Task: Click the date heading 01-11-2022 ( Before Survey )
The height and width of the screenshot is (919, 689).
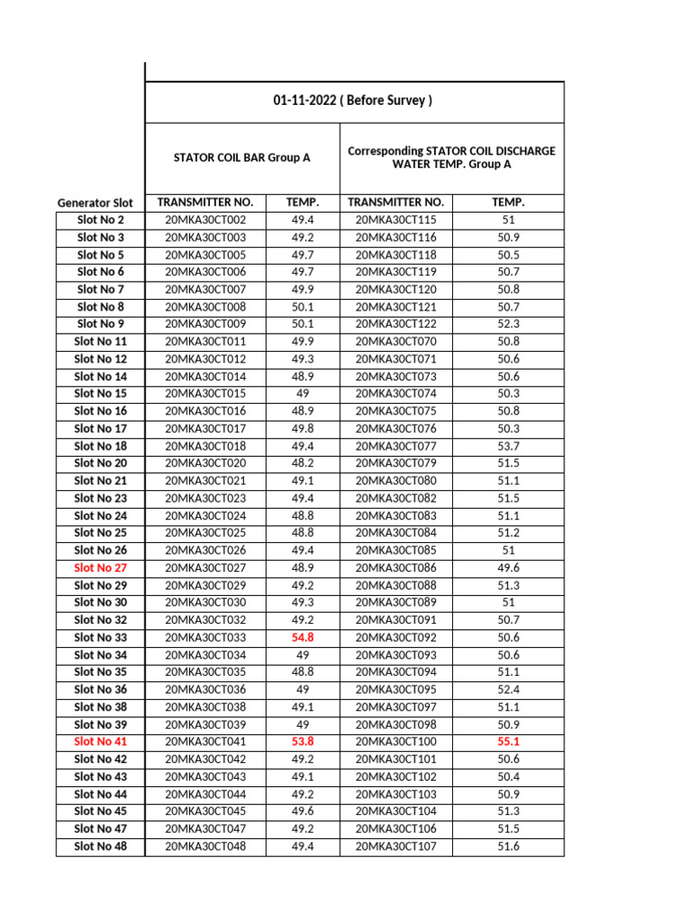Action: pos(353,101)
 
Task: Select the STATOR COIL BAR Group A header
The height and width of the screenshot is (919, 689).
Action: pos(241,158)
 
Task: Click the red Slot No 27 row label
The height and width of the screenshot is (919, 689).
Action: pos(100,568)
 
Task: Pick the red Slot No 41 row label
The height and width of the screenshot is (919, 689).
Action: pos(100,741)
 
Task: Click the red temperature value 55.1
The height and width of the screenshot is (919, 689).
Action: pos(508,741)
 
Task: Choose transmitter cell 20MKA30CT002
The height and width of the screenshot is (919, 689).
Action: pos(205,220)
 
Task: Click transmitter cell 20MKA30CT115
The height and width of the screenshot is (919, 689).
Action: pos(396,220)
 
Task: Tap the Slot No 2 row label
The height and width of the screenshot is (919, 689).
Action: pos(100,220)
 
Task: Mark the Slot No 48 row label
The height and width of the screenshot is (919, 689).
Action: pos(100,845)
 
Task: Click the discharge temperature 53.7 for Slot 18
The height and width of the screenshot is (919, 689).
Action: pos(508,446)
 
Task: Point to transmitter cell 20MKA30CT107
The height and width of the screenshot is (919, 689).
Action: pos(396,845)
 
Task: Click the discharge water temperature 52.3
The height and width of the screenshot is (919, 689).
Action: pos(508,324)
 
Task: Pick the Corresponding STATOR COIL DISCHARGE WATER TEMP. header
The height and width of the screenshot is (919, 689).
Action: pos(451,158)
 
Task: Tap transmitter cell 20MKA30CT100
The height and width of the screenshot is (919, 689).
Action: pos(396,741)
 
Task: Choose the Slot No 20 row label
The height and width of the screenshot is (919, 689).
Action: pos(100,463)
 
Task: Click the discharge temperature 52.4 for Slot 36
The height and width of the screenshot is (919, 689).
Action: pos(508,689)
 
